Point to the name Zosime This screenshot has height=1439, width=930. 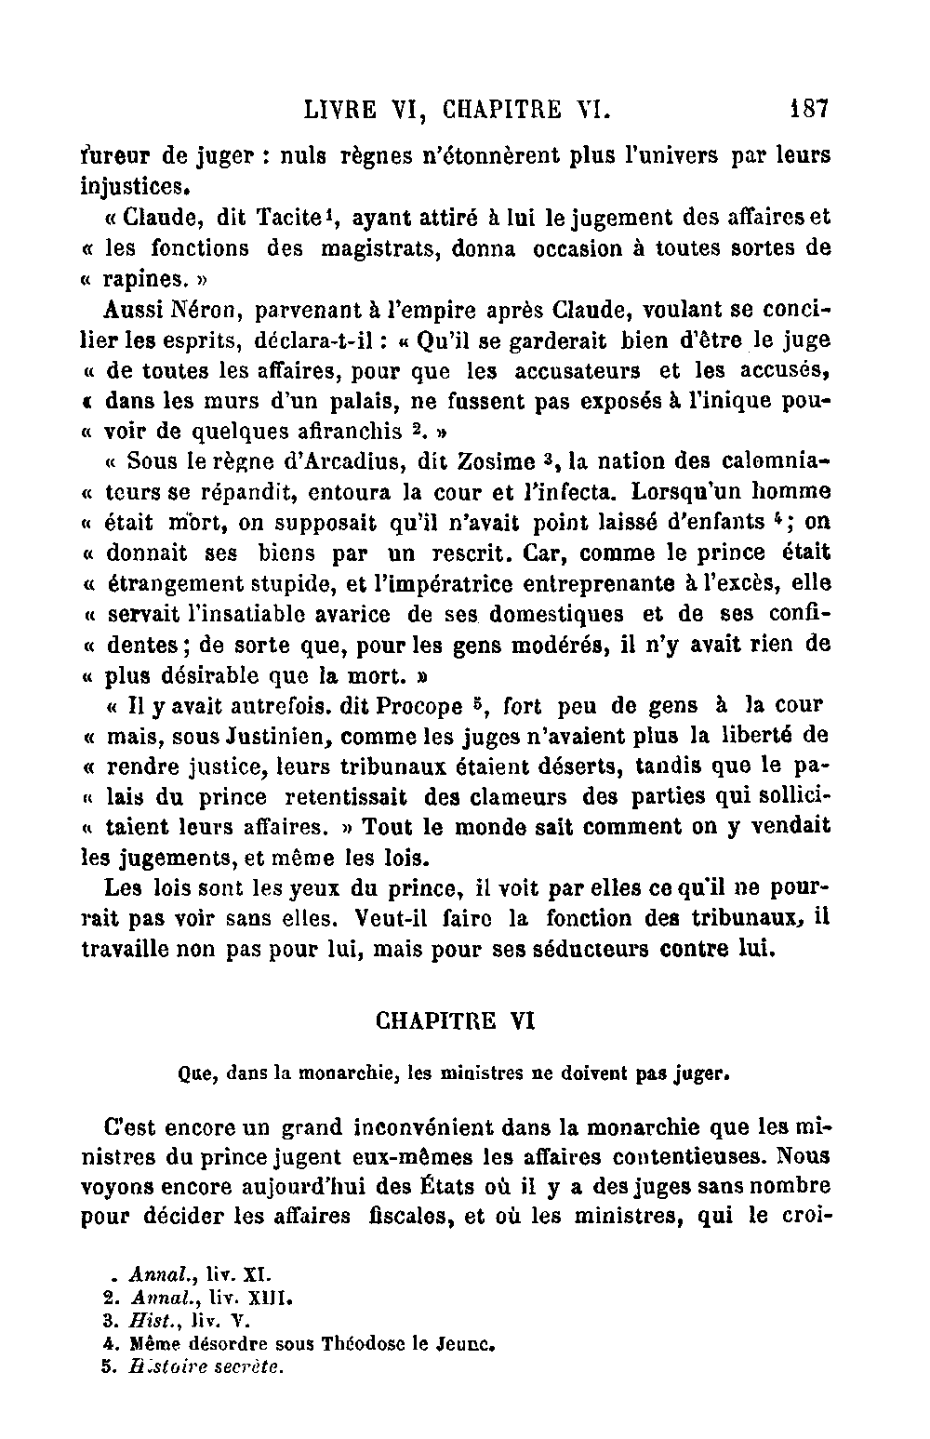pyautogui.click(x=497, y=460)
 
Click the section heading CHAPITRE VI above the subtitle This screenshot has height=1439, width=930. pyautogui.click(x=455, y=1020)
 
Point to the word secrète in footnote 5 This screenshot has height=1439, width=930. pyautogui.click(x=248, y=1367)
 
